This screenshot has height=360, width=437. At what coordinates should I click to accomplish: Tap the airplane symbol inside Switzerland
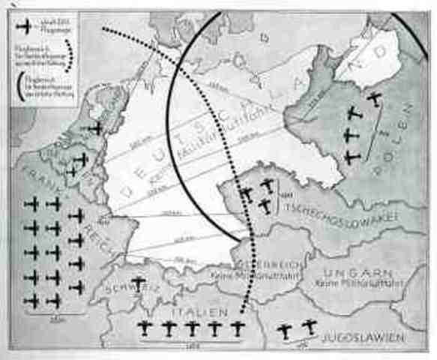pyautogui.click(x=137, y=283)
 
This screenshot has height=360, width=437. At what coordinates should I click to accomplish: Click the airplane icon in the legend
pyautogui.click(x=25, y=27)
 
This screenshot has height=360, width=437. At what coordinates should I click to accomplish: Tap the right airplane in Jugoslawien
pyautogui.click(x=309, y=326)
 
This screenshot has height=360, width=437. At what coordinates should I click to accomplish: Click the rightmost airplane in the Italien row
pyautogui.click(x=238, y=328)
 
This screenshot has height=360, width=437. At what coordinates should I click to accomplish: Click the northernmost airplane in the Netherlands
pyautogui.click(x=96, y=129)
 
